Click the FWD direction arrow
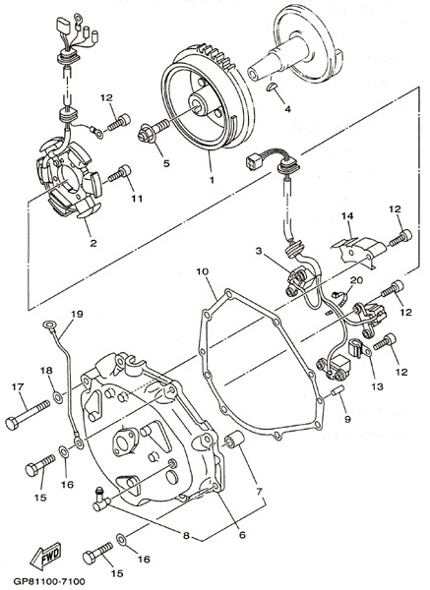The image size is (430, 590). [x=45, y=556]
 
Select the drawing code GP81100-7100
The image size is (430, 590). [x=49, y=582]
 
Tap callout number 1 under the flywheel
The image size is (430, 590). [x=212, y=180]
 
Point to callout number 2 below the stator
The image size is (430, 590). [x=93, y=243]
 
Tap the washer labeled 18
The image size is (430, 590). [x=58, y=397]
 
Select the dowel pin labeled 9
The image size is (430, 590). [x=337, y=391]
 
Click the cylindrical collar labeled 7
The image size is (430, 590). [x=234, y=440]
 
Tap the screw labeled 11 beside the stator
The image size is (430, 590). [x=119, y=173]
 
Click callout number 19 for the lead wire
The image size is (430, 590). [x=77, y=314]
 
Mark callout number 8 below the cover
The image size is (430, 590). [x=186, y=536]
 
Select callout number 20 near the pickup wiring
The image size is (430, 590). [x=356, y=280]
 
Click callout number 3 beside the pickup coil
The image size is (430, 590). [x=259, y=251]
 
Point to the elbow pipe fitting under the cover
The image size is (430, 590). [x=101, y=499]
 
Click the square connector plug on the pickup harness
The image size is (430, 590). [x=252, y=162]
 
